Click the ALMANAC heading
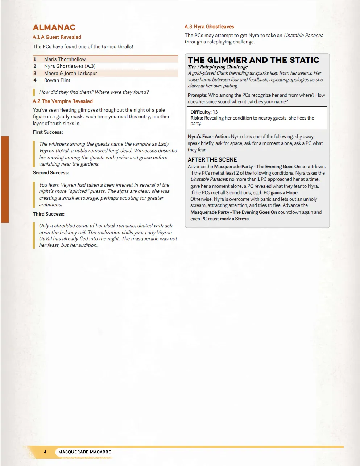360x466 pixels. [54, 28]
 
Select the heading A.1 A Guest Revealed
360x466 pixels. [57, 37]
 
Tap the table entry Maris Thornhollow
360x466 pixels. [65, 59]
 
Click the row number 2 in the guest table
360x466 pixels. [35, 66]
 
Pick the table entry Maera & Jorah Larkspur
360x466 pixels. [71, 73]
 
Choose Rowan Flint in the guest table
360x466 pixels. [57, 80]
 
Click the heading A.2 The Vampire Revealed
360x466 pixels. [63, 101]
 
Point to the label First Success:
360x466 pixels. [48, 132]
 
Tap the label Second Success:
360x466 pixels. [51, 173]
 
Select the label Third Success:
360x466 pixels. [49, 214]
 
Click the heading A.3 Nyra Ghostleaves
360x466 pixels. [209, 26]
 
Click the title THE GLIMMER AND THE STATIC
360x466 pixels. [253, 60]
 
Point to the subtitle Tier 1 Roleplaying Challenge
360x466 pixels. [218, 67]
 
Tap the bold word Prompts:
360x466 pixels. [198, 95]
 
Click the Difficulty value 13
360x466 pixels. [215, 112]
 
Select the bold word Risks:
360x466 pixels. [196, 118]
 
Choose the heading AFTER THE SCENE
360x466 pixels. [212, 159]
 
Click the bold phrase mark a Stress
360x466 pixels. [235, 219]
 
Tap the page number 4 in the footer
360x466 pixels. [45, 452]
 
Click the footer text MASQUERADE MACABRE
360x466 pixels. [84, 452]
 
